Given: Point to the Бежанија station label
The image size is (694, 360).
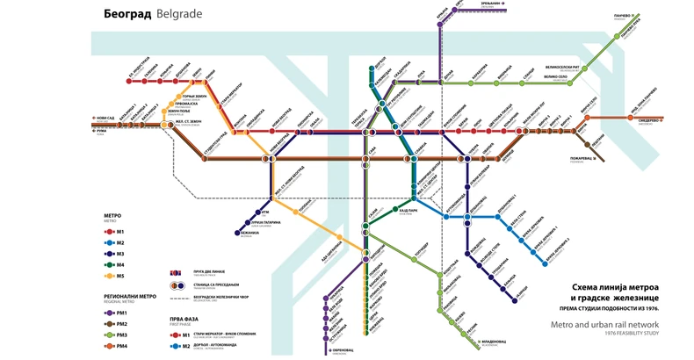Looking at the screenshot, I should click(x=249, y=234).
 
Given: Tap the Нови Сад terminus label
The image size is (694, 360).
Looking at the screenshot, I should click(x=105, y=117).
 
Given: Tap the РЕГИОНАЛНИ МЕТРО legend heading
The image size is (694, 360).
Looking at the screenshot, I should click(x=124, y=295).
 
